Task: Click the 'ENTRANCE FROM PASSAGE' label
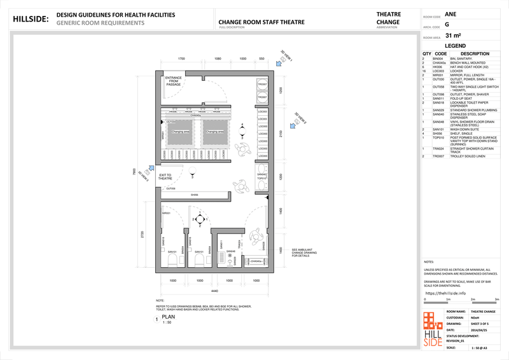(x=174, y=81)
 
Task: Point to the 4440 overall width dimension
(x=214, y=291)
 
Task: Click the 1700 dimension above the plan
(x=181, y=59)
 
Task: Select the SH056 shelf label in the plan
(x=195, y=195)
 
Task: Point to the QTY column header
(x=426, y=54)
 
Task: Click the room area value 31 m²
(x=454, y=36)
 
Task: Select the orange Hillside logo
(x=433, y=328)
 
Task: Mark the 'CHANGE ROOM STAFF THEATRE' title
(x=261, y=22)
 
